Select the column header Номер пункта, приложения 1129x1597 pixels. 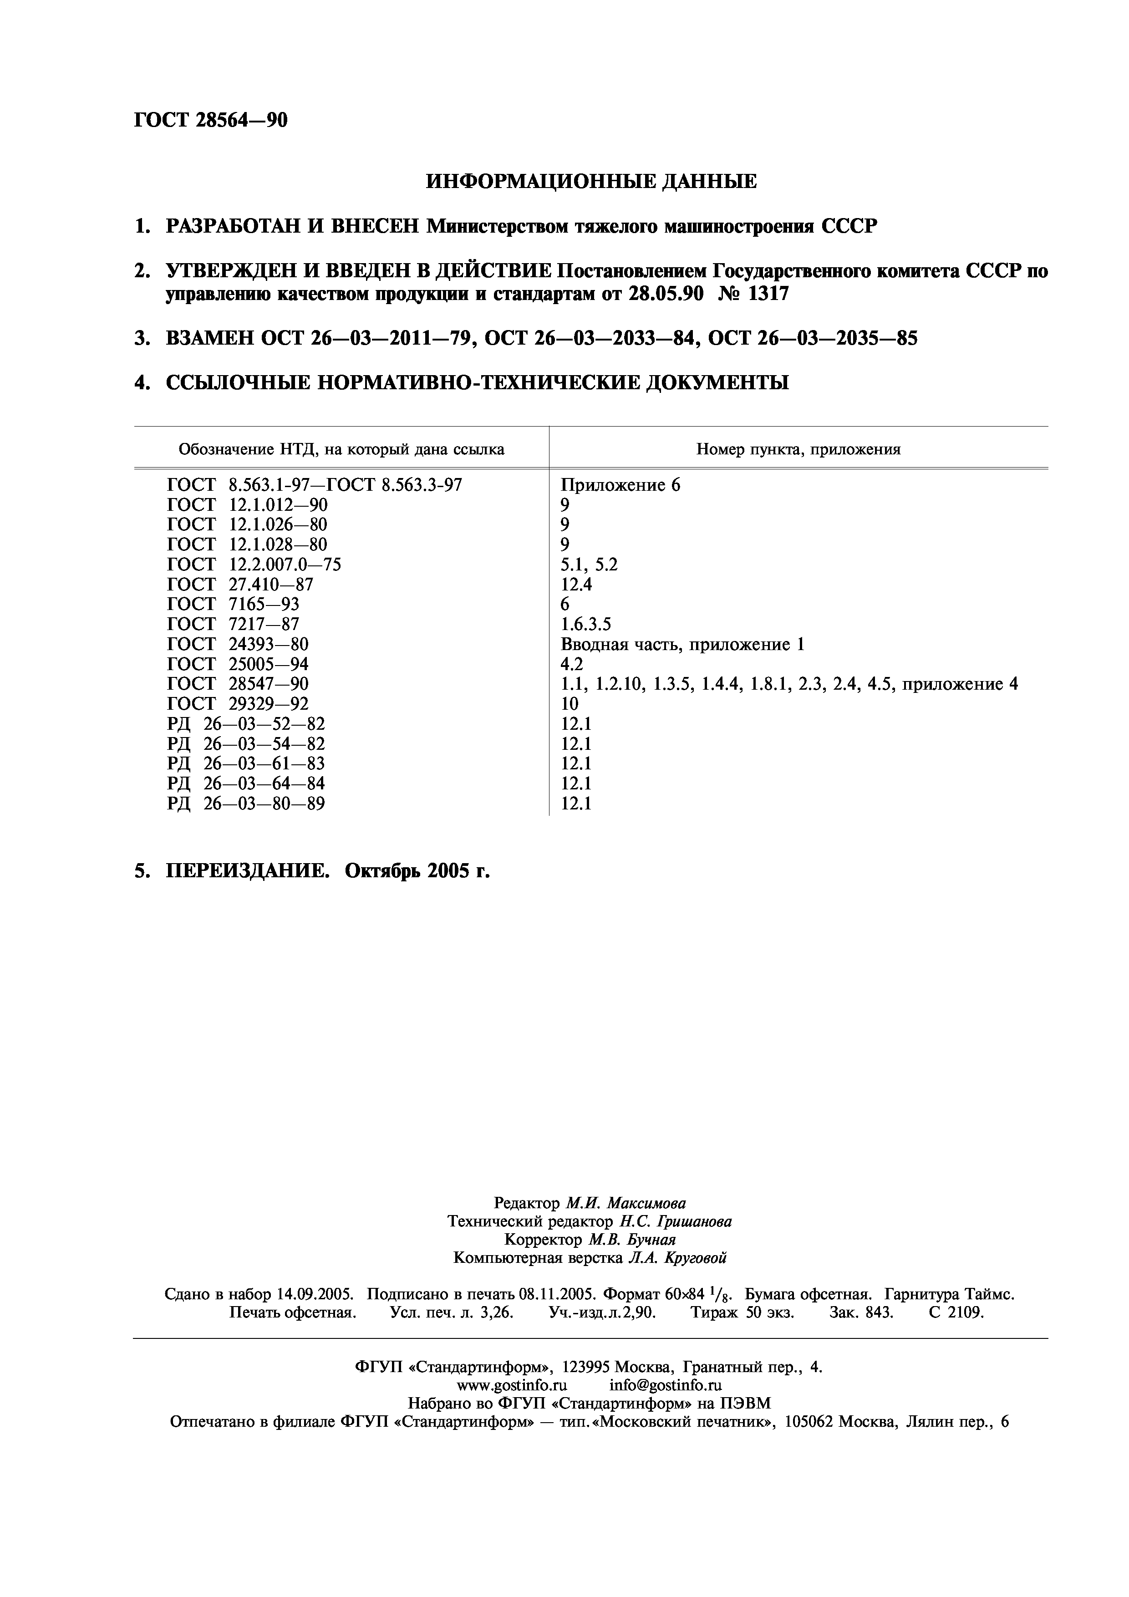pos(798,449)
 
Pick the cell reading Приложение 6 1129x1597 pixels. pos(620,485)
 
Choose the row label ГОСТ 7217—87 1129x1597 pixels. pos(233,624)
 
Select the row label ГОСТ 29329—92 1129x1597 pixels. pos(238,704)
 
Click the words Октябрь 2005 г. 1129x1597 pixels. pos(417,871)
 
